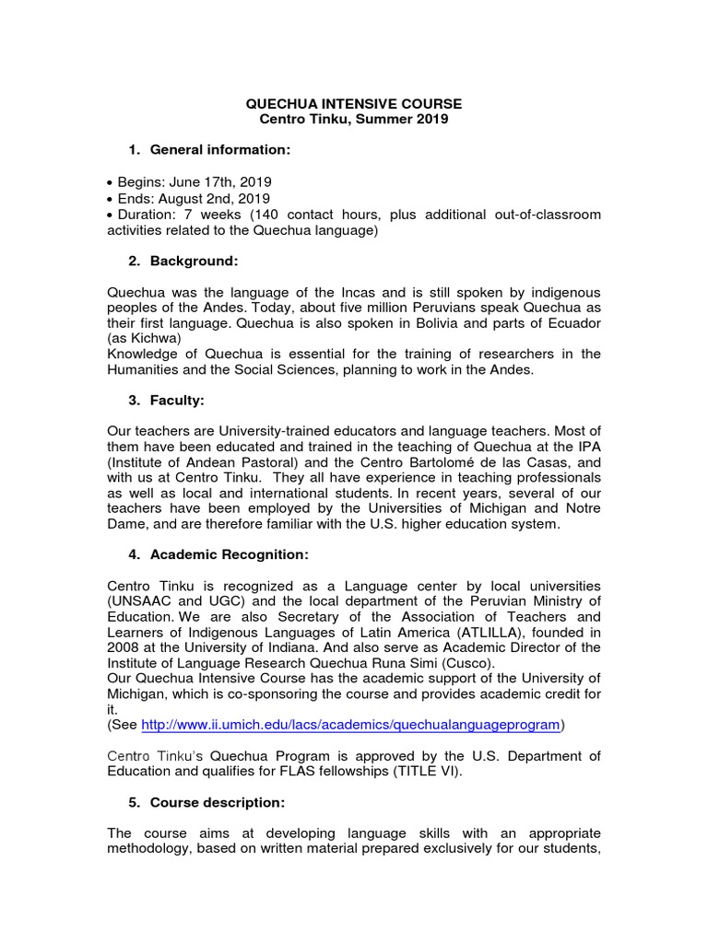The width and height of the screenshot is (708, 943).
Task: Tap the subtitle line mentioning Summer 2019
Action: click(355, 120)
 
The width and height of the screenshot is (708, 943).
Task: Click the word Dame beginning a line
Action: click(126, 525)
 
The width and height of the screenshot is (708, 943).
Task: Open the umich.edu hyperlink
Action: click(350, 725)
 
